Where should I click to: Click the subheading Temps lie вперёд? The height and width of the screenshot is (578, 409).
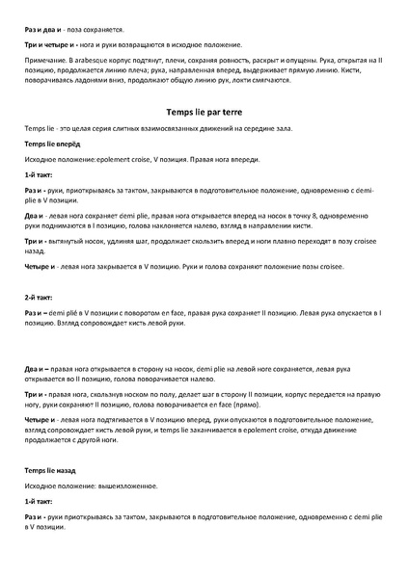tap(52, 144)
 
